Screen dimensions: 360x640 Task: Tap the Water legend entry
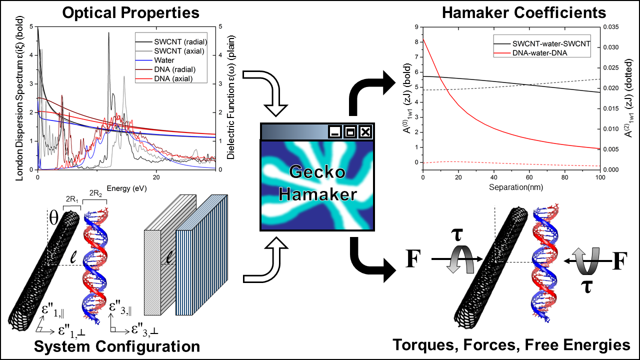pos(167,60)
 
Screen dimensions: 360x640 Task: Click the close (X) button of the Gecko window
pos(365,132)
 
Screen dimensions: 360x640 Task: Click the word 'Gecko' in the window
pos(317,173)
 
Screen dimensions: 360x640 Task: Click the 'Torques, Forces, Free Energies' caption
pos(510,345)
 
